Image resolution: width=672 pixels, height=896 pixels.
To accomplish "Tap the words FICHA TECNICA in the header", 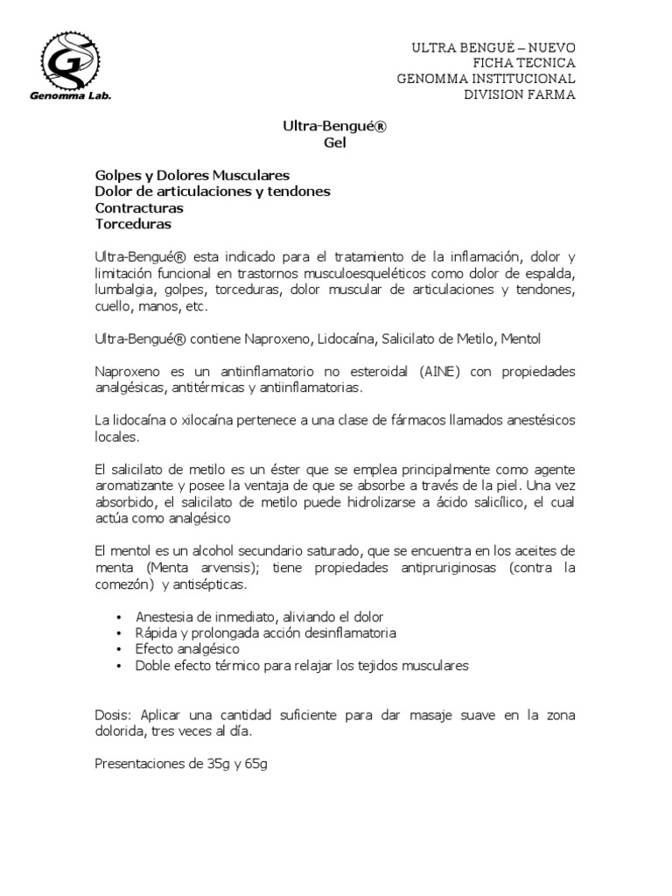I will coord(523,63).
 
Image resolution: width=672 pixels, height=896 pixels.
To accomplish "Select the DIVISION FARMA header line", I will coord(519,94).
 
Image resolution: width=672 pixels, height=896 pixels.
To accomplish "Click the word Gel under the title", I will coord(335,143).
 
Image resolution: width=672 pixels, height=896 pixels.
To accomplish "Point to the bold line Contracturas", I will coord(138,208).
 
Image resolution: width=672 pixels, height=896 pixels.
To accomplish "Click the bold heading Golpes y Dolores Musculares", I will coord(192,176).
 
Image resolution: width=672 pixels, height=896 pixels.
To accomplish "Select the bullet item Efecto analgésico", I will coord(187,649).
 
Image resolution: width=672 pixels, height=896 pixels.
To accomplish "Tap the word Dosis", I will coord(113,715).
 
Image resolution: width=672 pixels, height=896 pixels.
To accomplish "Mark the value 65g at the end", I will coord(254,764).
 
